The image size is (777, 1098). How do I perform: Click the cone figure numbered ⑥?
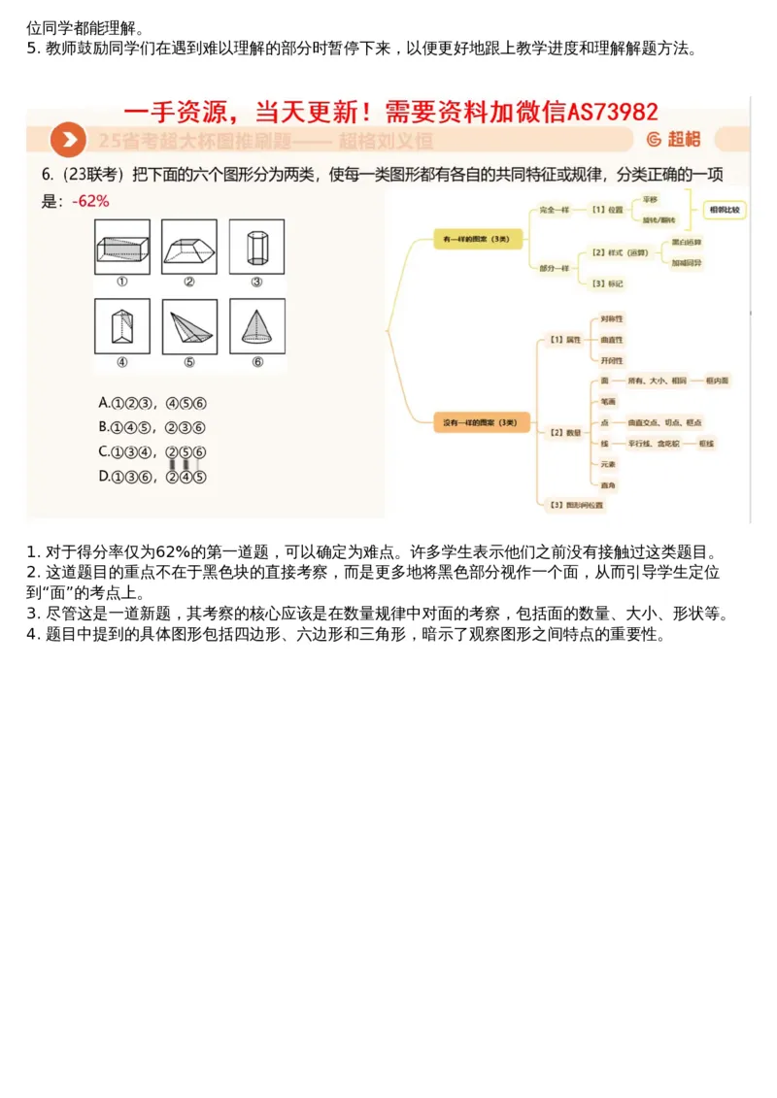coord(256,326)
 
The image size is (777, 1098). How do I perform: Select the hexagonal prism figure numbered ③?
coord(256,247)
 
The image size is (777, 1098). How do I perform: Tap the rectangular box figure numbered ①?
coord(122,247)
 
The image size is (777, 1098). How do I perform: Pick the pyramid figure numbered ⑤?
coord(189,326)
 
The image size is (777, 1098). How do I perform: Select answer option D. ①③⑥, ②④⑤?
coord(152,476)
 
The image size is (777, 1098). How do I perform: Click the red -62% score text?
coord(90,202)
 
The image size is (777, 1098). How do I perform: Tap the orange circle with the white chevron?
coord(67,140)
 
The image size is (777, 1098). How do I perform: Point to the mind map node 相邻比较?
coord(725,209)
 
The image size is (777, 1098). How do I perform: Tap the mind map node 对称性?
coord(612,318)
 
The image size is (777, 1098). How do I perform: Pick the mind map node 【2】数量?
coord(565,431)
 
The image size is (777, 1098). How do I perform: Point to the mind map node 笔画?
coord(606,401)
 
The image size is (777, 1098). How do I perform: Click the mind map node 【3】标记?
coord(607,283)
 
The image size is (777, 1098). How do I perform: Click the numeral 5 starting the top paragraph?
coord(31,49)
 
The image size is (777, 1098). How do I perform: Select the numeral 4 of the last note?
coord(31,636)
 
